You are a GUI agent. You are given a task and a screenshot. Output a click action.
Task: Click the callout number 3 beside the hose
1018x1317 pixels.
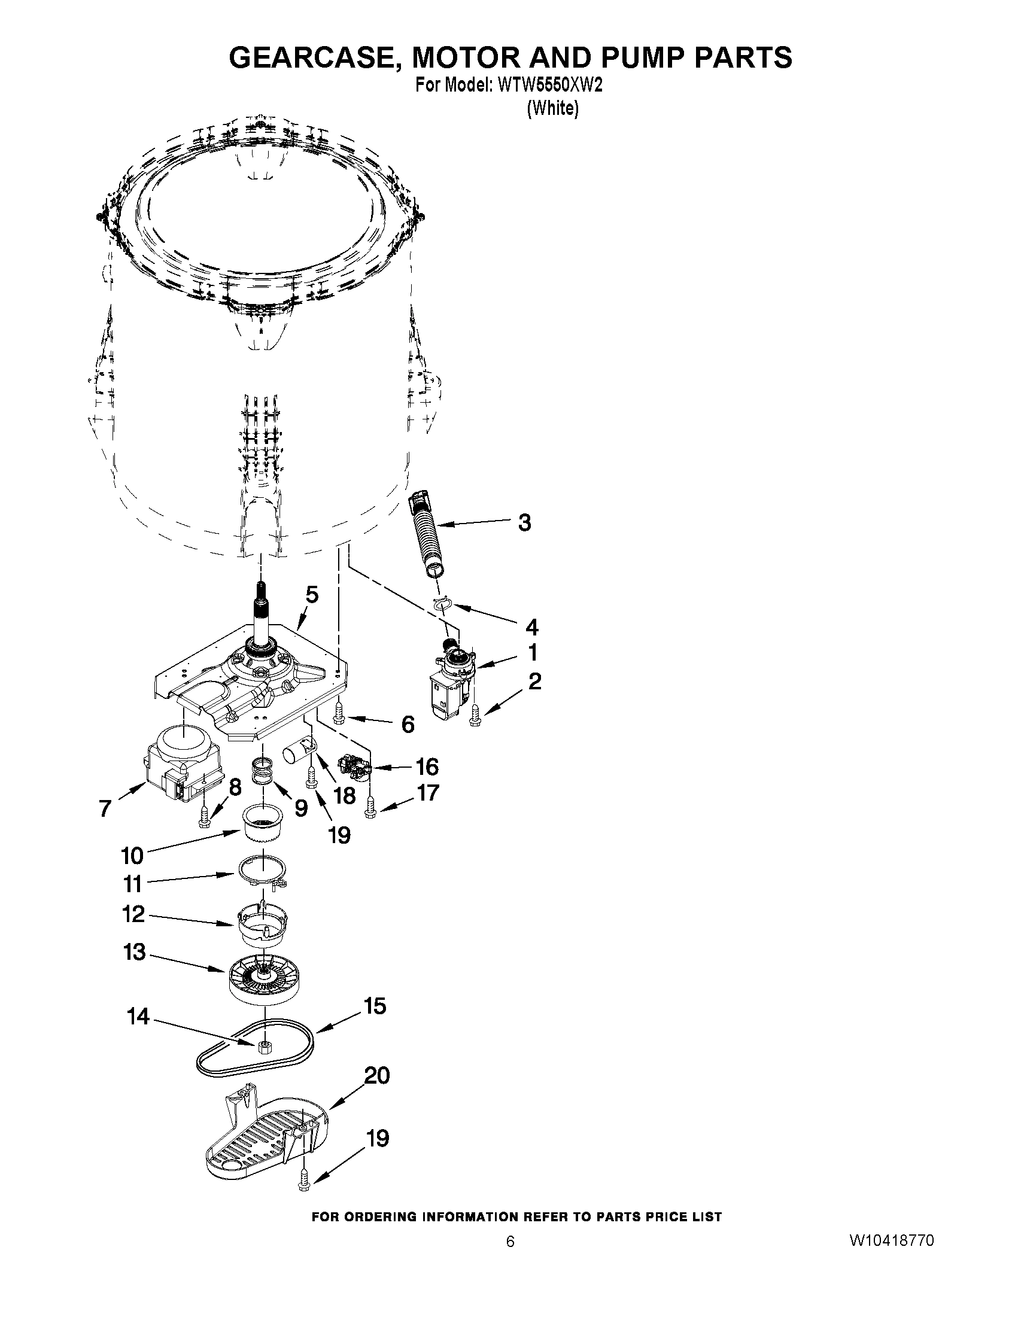(525, 522)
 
